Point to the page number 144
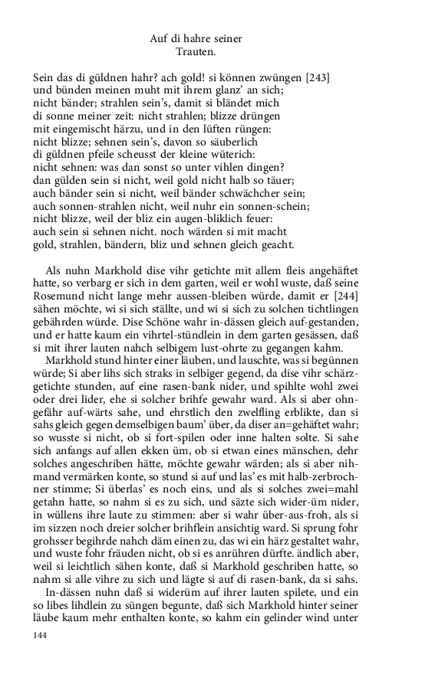click(x=41, y=636)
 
